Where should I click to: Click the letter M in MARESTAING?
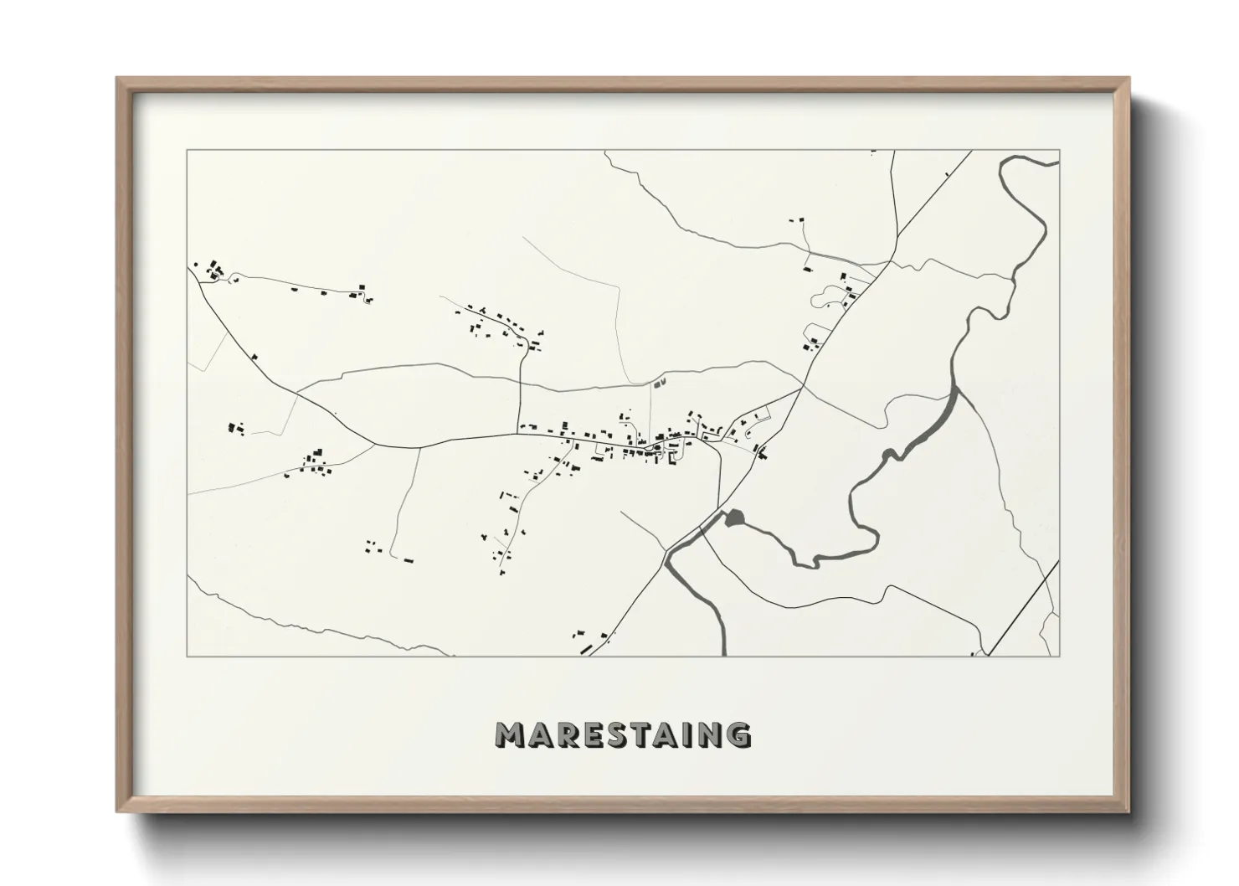[510, 734]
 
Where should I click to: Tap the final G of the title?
[737, 734]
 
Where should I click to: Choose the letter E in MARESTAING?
[598, 734]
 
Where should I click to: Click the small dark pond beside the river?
[734, 518]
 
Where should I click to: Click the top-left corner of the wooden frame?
[118, 79]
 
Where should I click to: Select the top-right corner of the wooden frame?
[1128, 79]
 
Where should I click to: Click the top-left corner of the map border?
[187, 151]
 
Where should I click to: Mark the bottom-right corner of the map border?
[1060, 656]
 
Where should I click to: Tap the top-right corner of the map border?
[1060, 151]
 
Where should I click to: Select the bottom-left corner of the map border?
[187, 656]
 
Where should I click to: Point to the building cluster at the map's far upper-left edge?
[214, 270]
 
